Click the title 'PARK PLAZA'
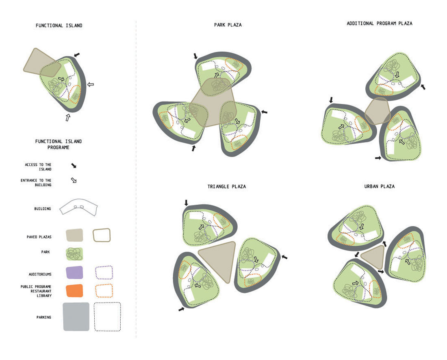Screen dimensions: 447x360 click(x=228, y=25)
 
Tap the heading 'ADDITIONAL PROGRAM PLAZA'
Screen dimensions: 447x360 click(x=380, y=24)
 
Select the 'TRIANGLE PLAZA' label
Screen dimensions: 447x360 click(x=227, y=187)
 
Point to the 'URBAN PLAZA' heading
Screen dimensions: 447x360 click(x=380, y=187)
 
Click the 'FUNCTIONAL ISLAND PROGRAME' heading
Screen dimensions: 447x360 click(x=59, y=144)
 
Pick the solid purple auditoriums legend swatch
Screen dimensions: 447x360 click(x=74, y=273)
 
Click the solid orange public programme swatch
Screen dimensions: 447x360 click(x=74, y=291)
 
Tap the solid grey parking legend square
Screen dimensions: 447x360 click(x=76, y=316)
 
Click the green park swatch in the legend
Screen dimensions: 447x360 click(x=74, y=253)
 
